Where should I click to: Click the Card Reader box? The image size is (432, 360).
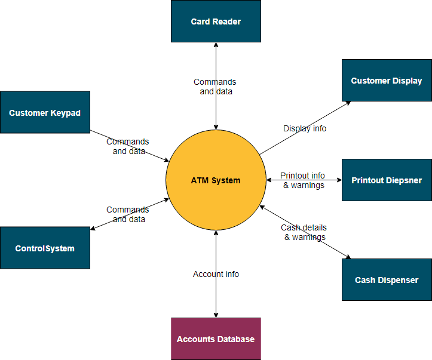coord(216,21)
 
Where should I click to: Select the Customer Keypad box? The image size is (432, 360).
coord(45,112)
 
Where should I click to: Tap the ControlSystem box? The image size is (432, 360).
coord(45,248)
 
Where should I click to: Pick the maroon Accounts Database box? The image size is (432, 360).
coord(216,339)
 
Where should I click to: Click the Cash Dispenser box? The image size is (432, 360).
coord(387,279)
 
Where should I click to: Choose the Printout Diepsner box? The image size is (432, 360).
coord(387,180)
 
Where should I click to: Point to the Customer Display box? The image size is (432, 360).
coord(387,81)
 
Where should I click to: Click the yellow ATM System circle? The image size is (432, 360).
coord(216,180)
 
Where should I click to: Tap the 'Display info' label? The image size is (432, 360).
coord(305,128)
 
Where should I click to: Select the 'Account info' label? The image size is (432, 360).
coord(216,274)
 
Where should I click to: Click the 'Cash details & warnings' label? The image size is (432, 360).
coord(304,232)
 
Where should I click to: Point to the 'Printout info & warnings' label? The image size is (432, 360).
coord(304,180)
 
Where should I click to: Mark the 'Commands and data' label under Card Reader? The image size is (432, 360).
coord(215,87)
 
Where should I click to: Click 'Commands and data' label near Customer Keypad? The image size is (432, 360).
coord(128,146)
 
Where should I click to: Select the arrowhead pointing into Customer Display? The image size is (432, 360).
coord(348,103)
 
